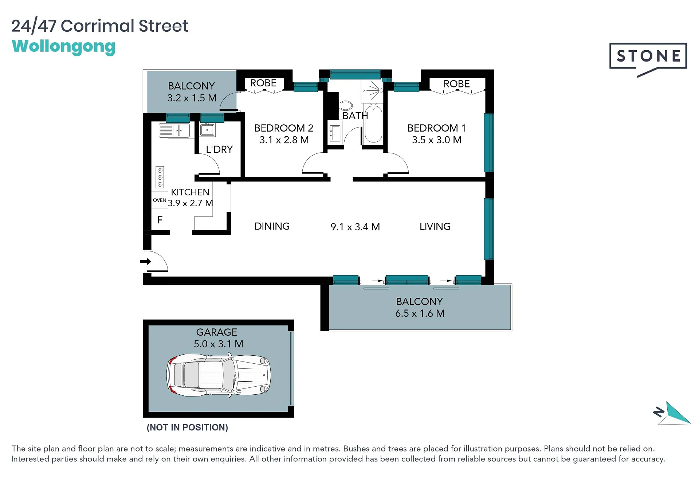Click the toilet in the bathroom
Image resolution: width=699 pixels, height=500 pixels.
tap(346, 106)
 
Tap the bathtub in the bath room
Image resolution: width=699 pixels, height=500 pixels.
tap(373, 124)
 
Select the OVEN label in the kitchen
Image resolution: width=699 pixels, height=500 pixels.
tap(160, 200)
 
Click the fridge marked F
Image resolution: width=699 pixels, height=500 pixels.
tap(160, 220)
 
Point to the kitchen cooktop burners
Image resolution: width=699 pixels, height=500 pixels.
tap(160, 177)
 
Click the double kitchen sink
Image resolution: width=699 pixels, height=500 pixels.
tap(174, 130)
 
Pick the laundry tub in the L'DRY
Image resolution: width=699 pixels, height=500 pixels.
tap(207, 129)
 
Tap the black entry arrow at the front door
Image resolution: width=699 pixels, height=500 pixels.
tap(146, 261)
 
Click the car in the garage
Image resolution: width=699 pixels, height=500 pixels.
tap(219, 375)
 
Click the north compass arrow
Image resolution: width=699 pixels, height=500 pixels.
tap(674, 413)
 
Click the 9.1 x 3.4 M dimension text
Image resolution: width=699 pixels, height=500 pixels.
tap(355, 227)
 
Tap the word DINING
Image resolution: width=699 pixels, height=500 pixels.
tap(272, 226)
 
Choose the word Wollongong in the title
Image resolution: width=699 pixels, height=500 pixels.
tap(64, 47)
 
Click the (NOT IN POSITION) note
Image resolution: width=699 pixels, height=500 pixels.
tap(187, 427)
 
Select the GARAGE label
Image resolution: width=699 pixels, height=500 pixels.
tap(217, 332)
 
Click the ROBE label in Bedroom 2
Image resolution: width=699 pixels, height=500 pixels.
tap(263, 83)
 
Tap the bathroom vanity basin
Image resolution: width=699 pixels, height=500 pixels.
tap(335, 133)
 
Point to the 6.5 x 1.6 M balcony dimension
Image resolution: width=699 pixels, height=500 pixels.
tap(420, 313)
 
